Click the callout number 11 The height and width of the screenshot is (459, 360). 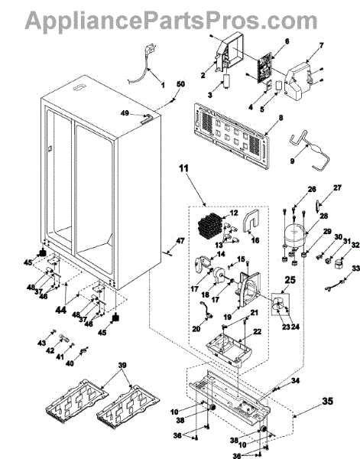[184, 168]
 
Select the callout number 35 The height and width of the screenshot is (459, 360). [327, 401]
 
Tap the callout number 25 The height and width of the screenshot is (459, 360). [290, 279]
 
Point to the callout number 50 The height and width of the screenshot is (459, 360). [180, 84]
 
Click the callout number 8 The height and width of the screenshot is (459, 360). [281, 118]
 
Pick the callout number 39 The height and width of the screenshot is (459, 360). [122, 365]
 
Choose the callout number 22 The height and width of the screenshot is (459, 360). [257, 332]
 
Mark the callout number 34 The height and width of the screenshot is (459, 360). [295, 381]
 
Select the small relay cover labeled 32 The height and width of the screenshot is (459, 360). [339, 263]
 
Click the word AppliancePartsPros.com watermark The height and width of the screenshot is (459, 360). [171, 20]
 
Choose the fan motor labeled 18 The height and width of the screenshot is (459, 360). [218, 275]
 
